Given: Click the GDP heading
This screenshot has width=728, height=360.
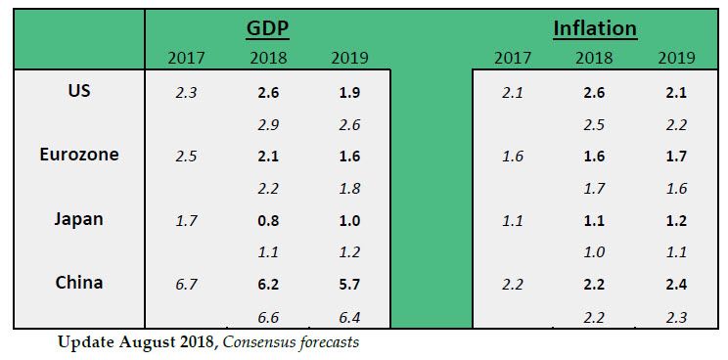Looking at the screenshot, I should [x=267, y=28].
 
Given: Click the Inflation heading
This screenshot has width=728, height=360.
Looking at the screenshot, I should [x=595, y=28].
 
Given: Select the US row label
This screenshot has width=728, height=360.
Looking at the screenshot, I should [x=79, y=92].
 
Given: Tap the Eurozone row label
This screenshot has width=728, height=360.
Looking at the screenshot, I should [x=79, y=155].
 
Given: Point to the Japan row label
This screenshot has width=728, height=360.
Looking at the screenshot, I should [x=79, y=218].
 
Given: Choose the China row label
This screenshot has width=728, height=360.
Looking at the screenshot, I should [x=79, y=283].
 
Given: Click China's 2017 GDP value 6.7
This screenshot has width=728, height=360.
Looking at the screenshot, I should [x=186, y=285].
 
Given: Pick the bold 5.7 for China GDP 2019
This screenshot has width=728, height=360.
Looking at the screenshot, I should [x=349, y=285].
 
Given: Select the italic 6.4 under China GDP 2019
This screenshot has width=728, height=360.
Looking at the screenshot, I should [x=349, y=316].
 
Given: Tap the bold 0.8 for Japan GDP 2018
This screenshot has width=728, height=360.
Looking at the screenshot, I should [x=267, y=221].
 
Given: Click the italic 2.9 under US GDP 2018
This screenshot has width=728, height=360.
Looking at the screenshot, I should [x=267, y=125].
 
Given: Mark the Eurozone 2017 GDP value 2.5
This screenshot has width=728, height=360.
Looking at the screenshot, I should [x=186, y=157].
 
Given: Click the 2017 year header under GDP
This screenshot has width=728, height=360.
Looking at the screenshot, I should [x=186, y=58].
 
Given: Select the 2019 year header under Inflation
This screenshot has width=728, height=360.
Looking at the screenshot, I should [x=676, y=58].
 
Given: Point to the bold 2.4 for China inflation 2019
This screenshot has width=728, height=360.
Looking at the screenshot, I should [x=676, y=285].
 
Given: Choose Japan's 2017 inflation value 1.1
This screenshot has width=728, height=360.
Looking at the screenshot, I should [x=513, y=221].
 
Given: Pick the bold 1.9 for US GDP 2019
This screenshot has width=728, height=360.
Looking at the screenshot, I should [x=349, y=94].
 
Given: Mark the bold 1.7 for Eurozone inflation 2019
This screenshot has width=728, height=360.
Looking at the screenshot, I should [x=676, y=157].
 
